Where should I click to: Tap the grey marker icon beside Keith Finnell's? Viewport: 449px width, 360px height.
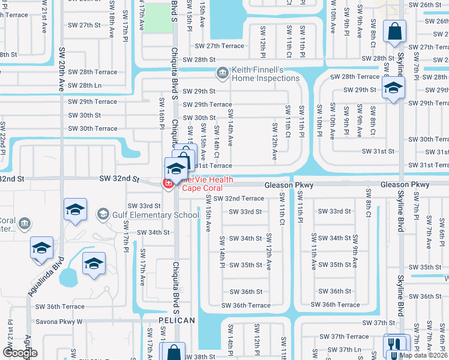click(222, 73)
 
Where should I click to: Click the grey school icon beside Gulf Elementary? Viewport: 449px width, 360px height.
click(103, 214)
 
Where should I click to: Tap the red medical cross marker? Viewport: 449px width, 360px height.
click(169, 182)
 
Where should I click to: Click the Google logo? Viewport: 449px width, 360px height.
click(20, 353)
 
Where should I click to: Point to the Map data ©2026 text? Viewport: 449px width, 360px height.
click(423, 355)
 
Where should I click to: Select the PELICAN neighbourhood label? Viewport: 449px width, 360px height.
click(177, 320)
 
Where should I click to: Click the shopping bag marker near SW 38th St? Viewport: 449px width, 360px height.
click(173, 352)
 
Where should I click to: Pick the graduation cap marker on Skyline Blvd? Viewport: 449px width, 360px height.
click(393, 88)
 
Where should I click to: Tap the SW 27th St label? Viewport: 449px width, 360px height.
click(85, 25)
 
